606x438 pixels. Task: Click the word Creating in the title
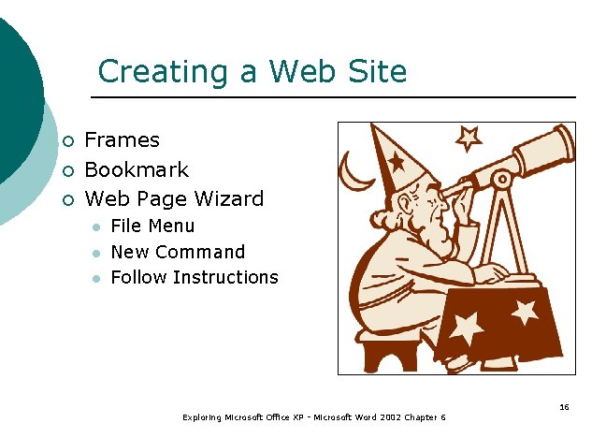click(145, 72)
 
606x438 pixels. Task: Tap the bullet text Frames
click(122, 140)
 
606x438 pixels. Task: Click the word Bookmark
click(137, 170)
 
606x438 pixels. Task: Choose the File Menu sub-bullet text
click(152, 226)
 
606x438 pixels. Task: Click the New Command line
click(178, 252)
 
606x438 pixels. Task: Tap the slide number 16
click(564, 407)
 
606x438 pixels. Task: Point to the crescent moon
click(353, 172)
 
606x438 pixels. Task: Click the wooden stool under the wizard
click(388, 353)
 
